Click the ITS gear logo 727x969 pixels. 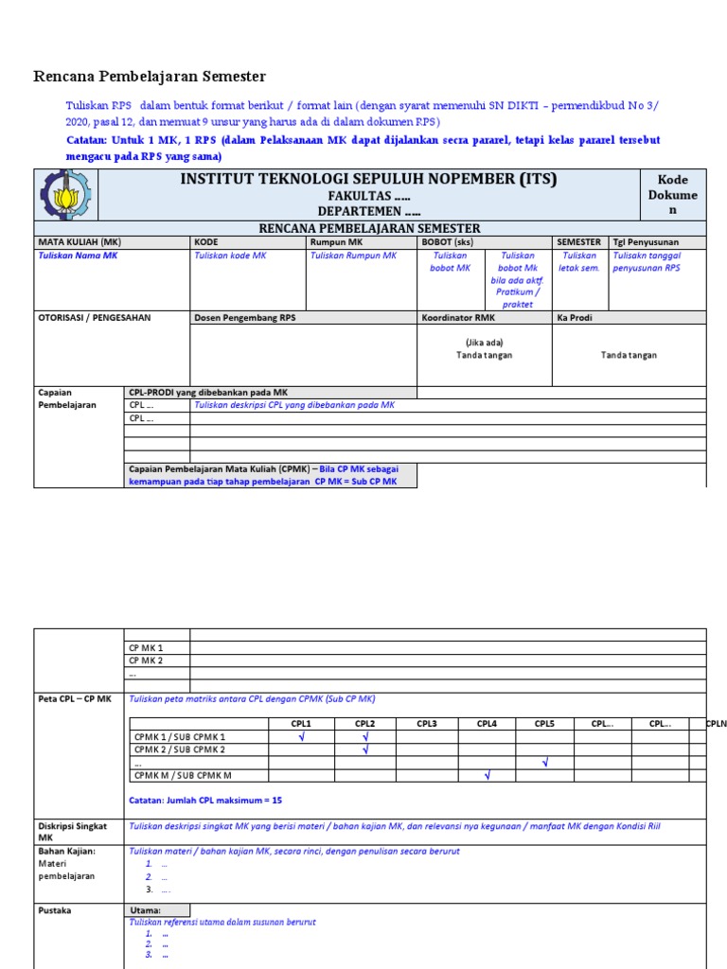tap(66, 196)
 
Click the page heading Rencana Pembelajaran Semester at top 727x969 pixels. tap(150, 77)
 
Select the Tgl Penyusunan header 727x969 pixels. tap(645, 242)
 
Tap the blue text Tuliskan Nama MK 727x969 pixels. tap(78, 255)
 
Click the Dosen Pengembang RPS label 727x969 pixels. tap(245, 318)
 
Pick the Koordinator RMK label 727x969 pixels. tap(458, 318)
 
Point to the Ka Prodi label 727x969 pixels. tap(574, 318)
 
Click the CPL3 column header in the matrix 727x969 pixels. tap(426, 724)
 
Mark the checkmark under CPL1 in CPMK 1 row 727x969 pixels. tap(301, 737)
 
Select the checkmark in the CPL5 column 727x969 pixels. tap(544, 763)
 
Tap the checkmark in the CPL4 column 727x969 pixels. tap(487, 776)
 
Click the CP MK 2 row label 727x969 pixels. tap(146, 661)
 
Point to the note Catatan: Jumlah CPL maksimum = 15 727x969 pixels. tap(204, 800)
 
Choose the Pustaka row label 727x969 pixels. tap(55, 910)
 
